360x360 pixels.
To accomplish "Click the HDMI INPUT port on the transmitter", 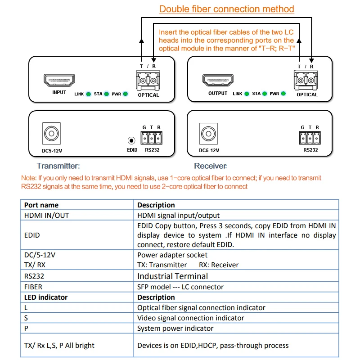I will (59, 81).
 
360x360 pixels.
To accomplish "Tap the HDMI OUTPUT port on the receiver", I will (218, 81).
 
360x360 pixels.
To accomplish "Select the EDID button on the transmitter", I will (131, 140).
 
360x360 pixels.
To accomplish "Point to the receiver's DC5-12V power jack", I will (208, 134).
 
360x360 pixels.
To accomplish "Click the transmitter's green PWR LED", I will (125, 94).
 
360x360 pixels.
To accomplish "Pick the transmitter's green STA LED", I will (107, 94).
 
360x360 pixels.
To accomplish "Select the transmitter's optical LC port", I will (148, 81).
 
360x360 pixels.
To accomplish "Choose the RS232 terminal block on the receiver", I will (310, 136).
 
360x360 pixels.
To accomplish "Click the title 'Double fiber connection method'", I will (227, 9).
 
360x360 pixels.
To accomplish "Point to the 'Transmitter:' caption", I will (58, 166).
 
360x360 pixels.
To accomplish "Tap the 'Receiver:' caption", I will (210, 166).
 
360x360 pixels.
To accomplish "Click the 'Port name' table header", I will (41, 205).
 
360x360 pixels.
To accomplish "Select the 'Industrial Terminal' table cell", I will (172, 276).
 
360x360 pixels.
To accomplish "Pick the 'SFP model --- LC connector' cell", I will (180, 287).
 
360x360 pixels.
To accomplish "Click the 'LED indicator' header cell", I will (45, 297).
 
